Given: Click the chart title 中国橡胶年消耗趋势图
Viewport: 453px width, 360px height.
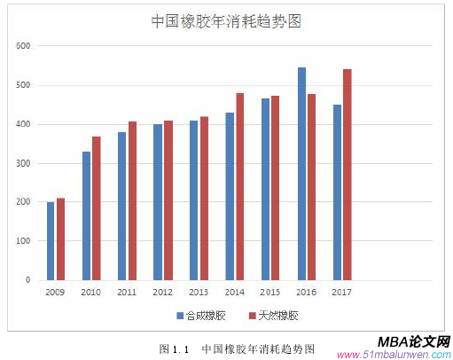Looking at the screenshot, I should [x=226, y=22].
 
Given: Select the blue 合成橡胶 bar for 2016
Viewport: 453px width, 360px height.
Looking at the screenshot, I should [x=301, y=174].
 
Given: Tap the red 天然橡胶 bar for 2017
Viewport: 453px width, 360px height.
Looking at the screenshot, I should [x=348, y=175].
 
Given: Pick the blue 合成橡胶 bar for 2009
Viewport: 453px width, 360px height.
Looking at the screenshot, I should [x=51, y=241].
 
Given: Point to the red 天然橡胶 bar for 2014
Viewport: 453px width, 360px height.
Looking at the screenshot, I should [x=239, y=186].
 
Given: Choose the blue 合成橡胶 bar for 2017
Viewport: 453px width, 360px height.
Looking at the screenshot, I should [x=337, y=192].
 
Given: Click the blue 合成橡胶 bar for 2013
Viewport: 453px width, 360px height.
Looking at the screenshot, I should [x=194, y=200].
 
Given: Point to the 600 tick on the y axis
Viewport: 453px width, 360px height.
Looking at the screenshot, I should [x=23, y=46].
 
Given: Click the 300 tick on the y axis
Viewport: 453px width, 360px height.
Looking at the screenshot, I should [x=23, y=163].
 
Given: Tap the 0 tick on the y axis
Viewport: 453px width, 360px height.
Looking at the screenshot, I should [x=27, y=280].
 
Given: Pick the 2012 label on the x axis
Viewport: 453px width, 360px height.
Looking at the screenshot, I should [x=162, y=292].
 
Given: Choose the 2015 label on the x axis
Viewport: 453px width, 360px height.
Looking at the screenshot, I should [x=270, y=292].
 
